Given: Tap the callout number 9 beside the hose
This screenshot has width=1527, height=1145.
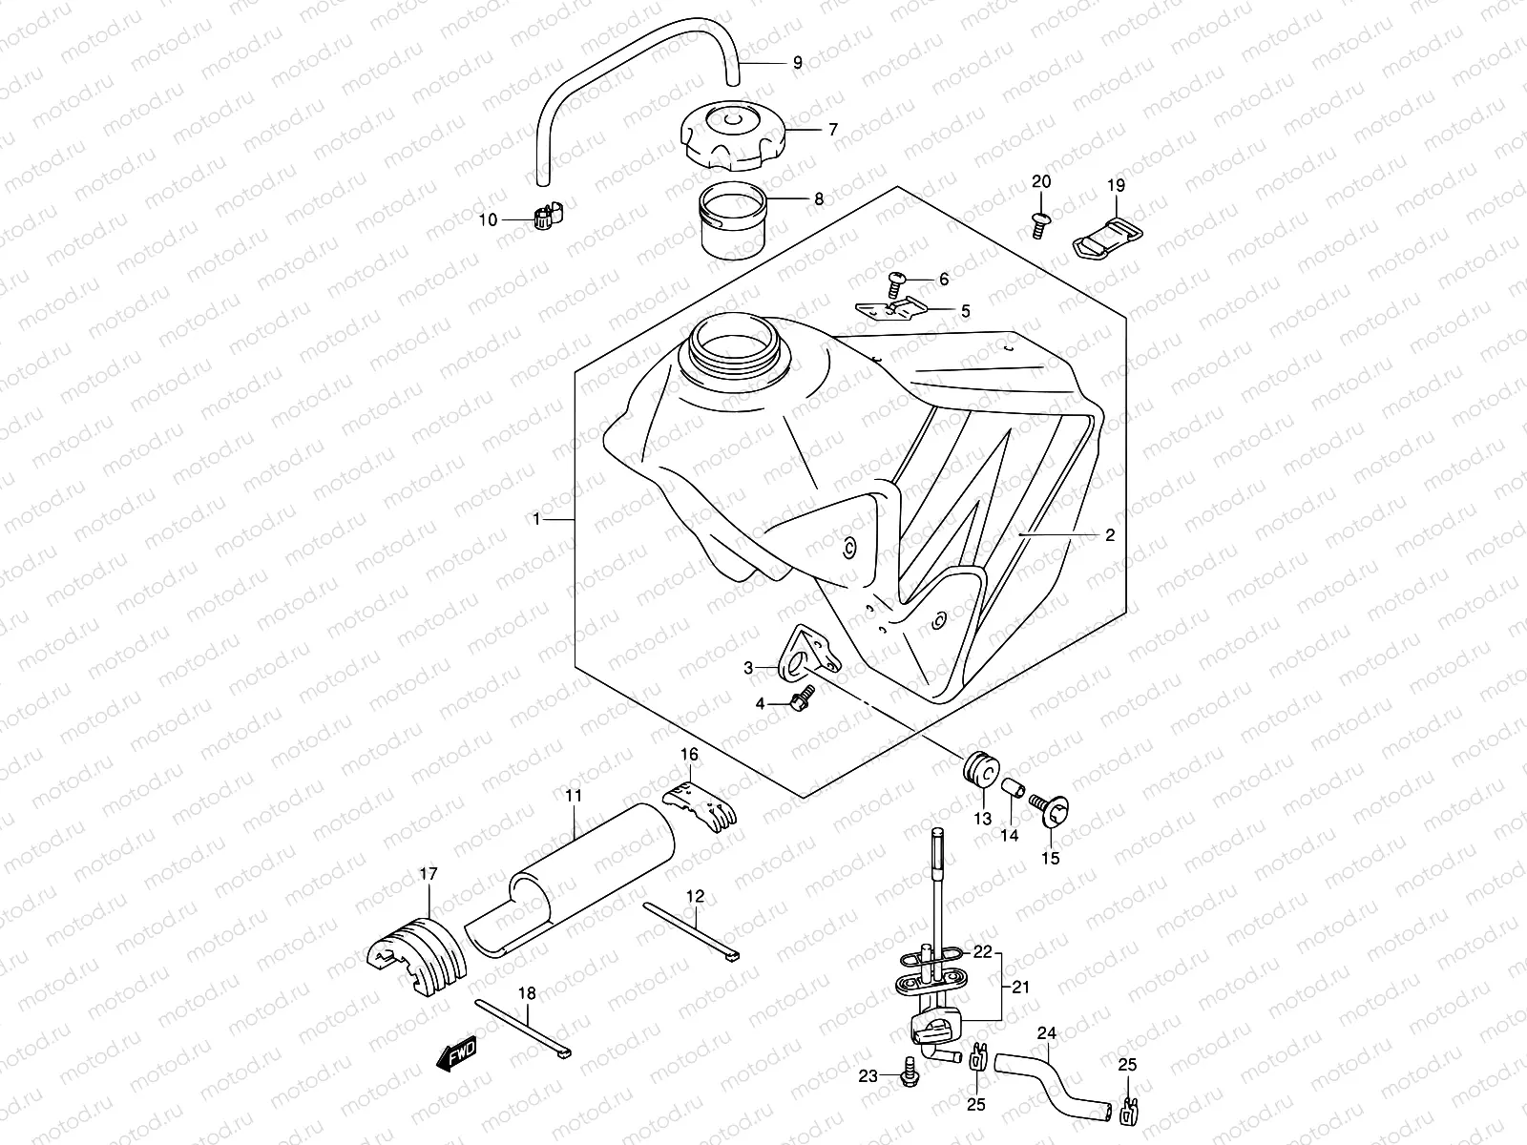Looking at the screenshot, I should pos(798,63).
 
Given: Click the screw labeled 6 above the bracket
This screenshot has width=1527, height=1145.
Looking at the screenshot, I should pos(895,281).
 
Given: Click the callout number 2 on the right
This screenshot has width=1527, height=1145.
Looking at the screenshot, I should pos(1110,536).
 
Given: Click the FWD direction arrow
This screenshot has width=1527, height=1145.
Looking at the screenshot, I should pos(456,1055).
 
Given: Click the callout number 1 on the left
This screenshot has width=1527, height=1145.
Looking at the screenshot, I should pos(537,519).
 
